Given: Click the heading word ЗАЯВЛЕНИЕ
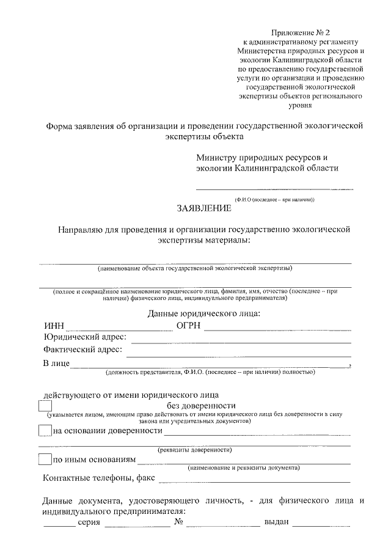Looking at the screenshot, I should click(x=204, y=209).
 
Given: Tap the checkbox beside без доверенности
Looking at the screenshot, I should click(x=45, y=406).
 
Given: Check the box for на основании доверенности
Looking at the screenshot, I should click(x=45, y=431).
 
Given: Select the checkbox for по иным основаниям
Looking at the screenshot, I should click(x=45, y=459).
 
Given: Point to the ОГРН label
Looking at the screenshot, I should click(x=189, y=326).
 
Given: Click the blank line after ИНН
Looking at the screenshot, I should click(x=120, y=329).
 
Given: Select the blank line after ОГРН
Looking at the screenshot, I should click(x=277, y=329).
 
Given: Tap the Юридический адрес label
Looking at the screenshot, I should click(x=85, y=338).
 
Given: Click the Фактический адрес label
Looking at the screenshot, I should click(x=82, y=351).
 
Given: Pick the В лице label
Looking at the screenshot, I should click(x=56, y=364).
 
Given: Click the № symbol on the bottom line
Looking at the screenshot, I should click(x=179, y=524).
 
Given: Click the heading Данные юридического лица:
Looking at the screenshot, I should click(x=204, y=313).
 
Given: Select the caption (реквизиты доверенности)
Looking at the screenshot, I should click(x=195, y=450).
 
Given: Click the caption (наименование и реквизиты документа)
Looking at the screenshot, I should click(x=243, y=468).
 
